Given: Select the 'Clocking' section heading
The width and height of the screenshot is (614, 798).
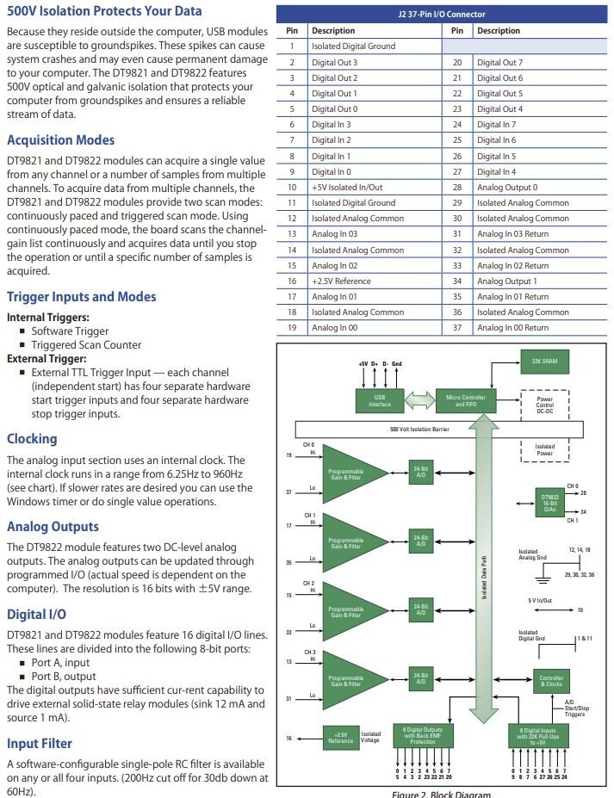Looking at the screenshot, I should (x=32, y=438).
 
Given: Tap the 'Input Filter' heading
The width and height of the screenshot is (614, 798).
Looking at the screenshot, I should (x=40, y=743).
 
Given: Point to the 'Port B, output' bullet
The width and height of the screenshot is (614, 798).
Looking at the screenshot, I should (x=64, y=677).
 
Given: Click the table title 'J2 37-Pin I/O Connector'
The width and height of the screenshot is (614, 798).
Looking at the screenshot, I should (x=442, y=14).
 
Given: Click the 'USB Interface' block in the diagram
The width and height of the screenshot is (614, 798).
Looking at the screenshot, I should (x=380, y=400).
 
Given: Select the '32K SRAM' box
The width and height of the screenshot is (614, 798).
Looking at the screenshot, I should (x=544, y=362).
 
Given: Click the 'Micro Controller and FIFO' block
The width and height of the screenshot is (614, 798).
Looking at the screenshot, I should (x=466, y=400).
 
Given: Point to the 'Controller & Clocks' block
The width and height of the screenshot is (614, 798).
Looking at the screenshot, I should (x=551, y=681).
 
